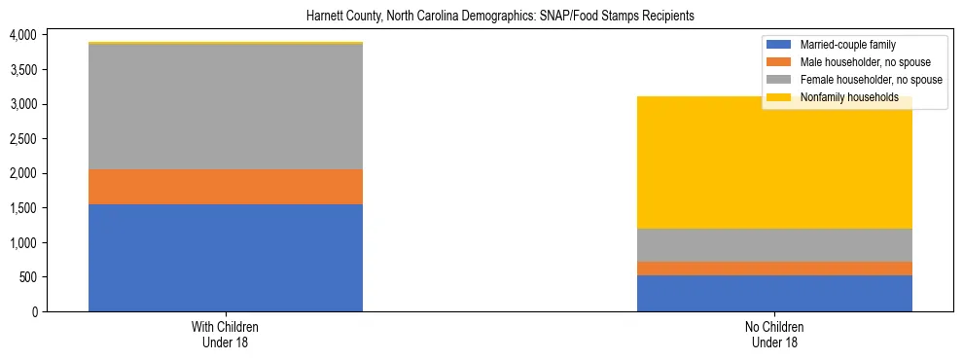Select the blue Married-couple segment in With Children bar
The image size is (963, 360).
pyautogui.click(x=226, y=258)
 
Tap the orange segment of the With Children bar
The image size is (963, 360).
pyautogui.click(x=226, y=187)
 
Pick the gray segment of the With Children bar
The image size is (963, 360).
pyautogui.click(x=226, y=107)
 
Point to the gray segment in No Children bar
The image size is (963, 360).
pyautogui.click(x=774, y=245)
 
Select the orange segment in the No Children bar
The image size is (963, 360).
pyautogui.click(x=774, y=269)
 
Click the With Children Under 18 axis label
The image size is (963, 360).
pyautogui.click(x=226, y=335)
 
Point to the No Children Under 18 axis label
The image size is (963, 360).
pyautogui.click(x=774, y=335)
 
